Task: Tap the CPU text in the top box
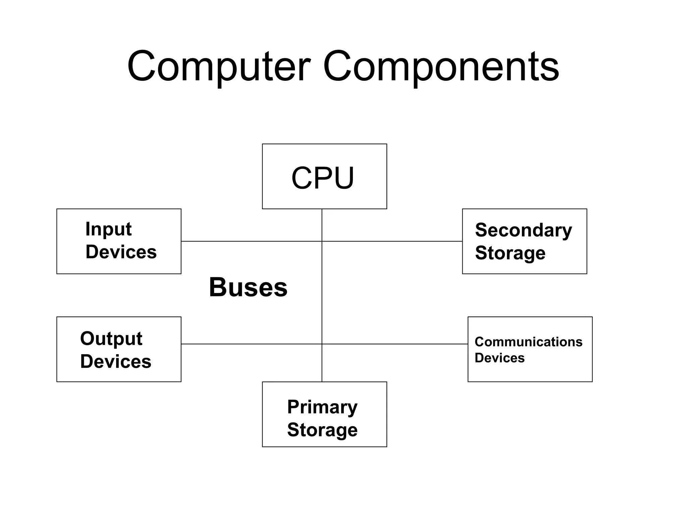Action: click(323, 178)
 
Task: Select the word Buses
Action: click(248, 287)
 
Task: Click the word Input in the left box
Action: click(108, 229)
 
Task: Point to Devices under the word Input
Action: click(121, 252)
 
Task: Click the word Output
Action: click(111, 339)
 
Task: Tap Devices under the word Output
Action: click(116, 361)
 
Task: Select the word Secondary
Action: click(523, 230)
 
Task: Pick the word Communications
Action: click(528, 342)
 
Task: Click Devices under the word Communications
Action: click(499, 358)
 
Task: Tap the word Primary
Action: click(322, 407)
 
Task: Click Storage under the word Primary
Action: click(322, 430)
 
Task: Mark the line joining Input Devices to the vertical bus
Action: click(252, 241)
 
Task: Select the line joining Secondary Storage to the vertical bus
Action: click(392, 241)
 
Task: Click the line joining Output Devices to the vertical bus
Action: click(252, 344)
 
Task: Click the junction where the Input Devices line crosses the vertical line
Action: click(322, 241)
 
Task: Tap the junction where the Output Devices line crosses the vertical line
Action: click(322, 344)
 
